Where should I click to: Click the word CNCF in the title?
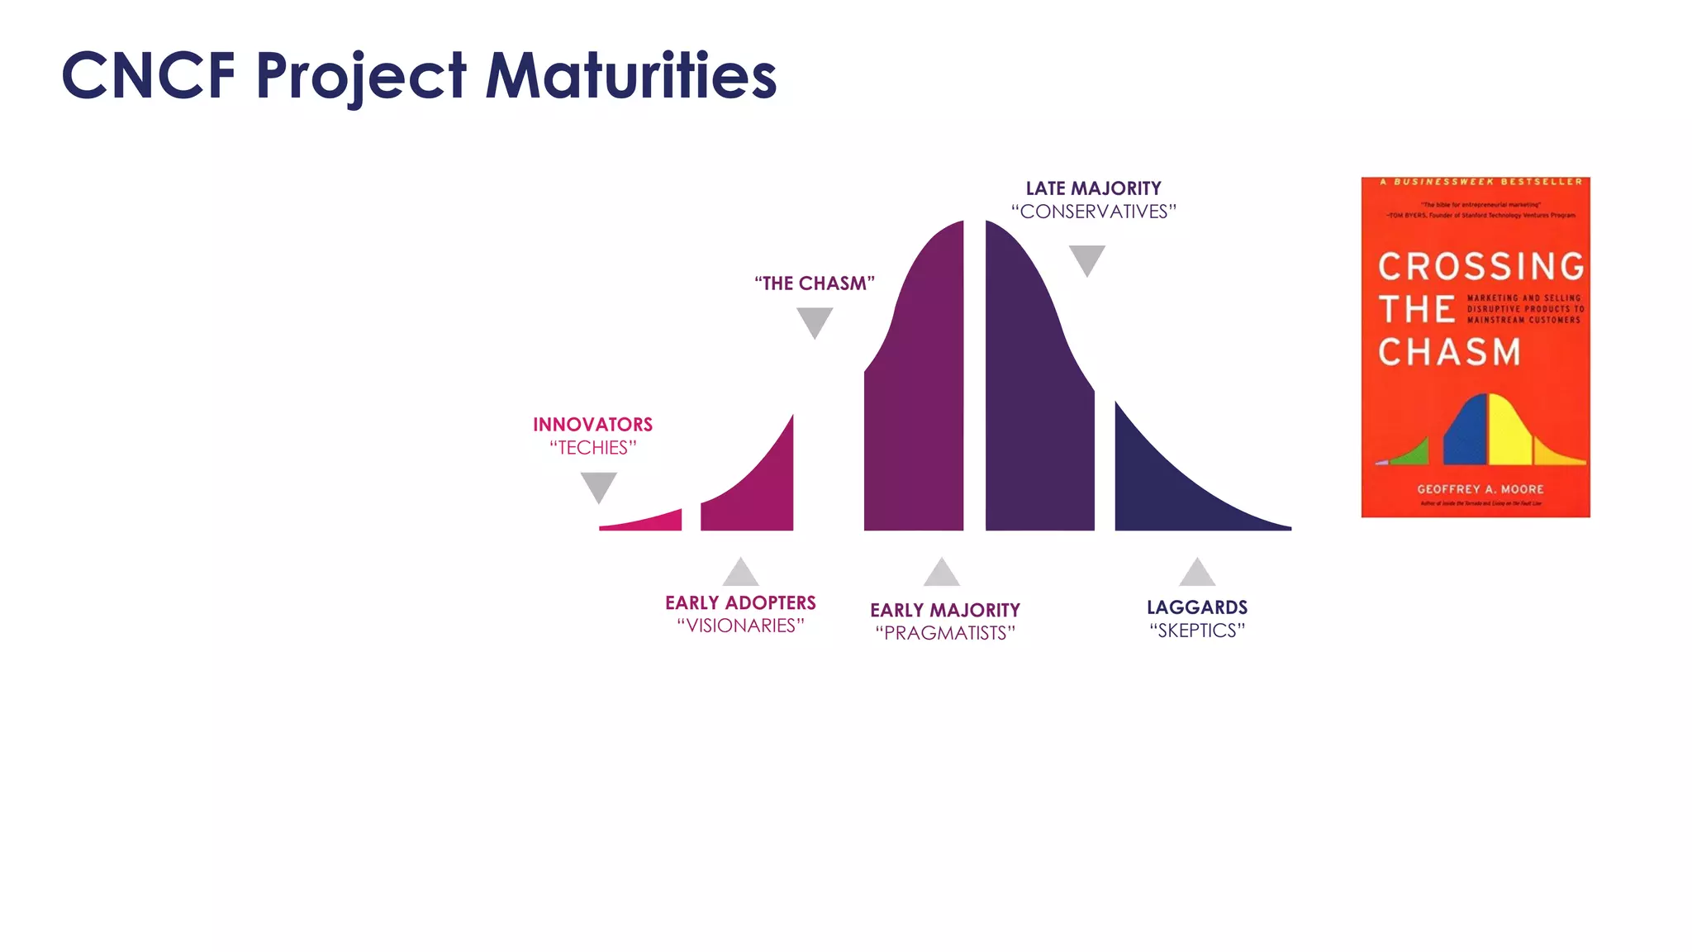(x=149, y=75)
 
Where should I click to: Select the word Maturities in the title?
(x=631, y=75)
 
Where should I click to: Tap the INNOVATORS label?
(x=592, y=425)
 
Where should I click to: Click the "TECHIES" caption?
(x=592, y=448)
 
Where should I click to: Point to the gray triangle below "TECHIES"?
(x=598, y=486)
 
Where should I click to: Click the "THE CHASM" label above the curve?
(x=814, y=283)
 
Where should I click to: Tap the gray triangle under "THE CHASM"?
(x=815, y=321)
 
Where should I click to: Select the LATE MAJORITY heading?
(x=1093, y=188)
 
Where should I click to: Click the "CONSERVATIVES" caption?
(x=1093, y=212)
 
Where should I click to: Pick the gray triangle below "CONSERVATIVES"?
(x=1086, y=259)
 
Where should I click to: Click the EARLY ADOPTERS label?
(x=740, y=603)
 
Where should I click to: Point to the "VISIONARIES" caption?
(x=740, y=626)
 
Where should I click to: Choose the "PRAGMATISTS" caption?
(x=945, y=633)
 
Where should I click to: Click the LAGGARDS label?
(x=1197, y=607)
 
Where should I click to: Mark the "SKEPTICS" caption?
(x=1197, y=631)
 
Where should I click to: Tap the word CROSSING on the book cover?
(x=1480, y=267)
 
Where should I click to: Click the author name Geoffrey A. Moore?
(x=1480, y=489)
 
